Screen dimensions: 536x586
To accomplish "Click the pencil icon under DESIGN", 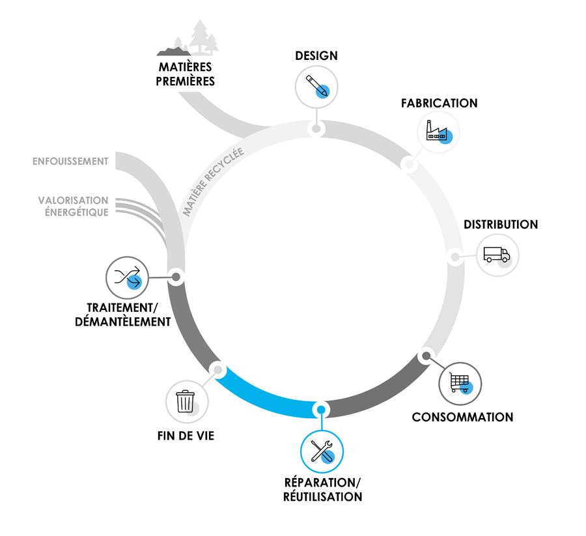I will (x=316, y=86).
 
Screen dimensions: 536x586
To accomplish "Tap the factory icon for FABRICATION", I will (x=438, y=133).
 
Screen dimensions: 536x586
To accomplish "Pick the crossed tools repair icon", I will (x=322, y=451).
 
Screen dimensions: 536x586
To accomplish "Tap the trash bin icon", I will (x=186, y=401).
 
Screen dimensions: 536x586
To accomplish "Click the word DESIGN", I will (x=316, y=55).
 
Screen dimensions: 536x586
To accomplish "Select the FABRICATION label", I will (x=439, y=104).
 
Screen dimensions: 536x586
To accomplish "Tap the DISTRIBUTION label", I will (x=501, y=225).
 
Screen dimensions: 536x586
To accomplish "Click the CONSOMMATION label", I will (x=462, y=417).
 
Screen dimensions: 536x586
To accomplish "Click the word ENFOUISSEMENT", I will (x=70, y=161).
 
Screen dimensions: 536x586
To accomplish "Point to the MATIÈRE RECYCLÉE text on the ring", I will (x=212, y=182).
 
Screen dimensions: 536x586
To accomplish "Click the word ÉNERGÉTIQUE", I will (x=75, y=212).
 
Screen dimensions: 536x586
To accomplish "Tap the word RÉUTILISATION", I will (x=322, y=497).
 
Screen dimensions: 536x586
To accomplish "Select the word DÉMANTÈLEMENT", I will (x=123, y=321).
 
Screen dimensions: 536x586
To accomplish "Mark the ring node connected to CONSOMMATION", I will (x=426, y=356).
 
